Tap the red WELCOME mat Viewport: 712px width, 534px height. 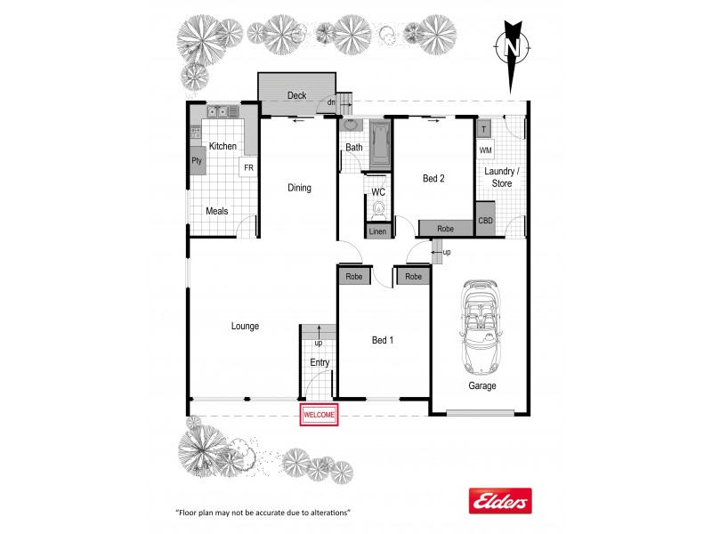(320, 415)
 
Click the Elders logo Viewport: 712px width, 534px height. (499, 501)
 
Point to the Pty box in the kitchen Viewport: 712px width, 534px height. (197, 161)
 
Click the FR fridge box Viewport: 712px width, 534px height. (248, 168)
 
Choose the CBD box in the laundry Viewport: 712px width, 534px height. (485, 221)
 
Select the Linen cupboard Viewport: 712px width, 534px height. (378, 232)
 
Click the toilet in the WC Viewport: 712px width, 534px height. (378, 210)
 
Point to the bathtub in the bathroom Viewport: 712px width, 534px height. (380, 145)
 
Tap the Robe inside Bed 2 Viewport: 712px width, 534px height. (445, 229)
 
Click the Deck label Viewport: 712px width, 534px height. (296, 95)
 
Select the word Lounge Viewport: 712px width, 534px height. (245, 327)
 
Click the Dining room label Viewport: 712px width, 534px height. (299, 188)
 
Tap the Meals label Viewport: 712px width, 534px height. (217, 211)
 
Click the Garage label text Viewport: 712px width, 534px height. (482, 386)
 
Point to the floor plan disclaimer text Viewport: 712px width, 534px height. (263, 514)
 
